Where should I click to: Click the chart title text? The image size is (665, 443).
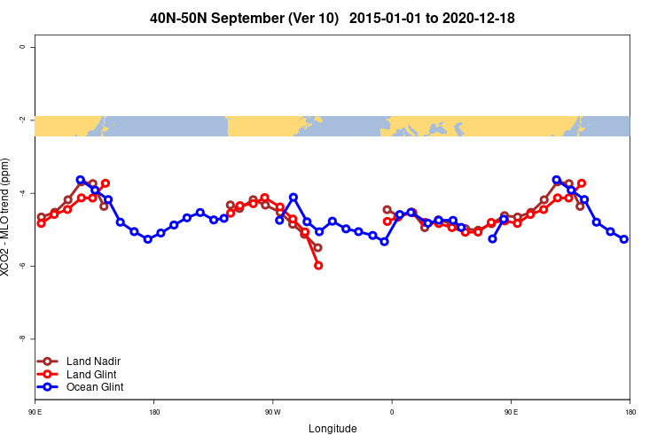pyautogui.click(x=332, y=18)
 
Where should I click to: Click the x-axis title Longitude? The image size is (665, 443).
pyautogui.click(x=332, y=429)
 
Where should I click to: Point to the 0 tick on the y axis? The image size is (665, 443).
pyautogui.click(x=22, y=46)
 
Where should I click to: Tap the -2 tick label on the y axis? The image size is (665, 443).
pyautogui.click(x=22, y=120)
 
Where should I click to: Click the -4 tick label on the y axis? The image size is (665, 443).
pyautogui.click(x=22, y=192)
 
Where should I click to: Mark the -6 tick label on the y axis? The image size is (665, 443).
pyautogui.click(x=22, y=266)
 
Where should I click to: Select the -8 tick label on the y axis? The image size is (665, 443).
pyautogui.click(x=22, y=338)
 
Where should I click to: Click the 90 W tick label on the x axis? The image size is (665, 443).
pyautogui.click(x=272, y=412)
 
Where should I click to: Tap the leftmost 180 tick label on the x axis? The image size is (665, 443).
pyautogui.click(x=154, y=412)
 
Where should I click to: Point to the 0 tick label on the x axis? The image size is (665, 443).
pyautogui.click(x=391, y=412)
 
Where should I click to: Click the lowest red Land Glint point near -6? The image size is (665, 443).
pyautogui.click(x=318, y=266)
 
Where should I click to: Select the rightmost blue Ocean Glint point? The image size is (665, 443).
pyautogui.click(x=624, y=239)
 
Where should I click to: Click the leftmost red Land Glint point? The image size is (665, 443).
pyautogui.click(x=41, y=223)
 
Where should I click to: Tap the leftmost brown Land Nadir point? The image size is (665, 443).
pyautogui.click(x=41, y=217)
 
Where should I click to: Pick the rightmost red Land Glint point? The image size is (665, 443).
pyautogui.click(x=582, y=183)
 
